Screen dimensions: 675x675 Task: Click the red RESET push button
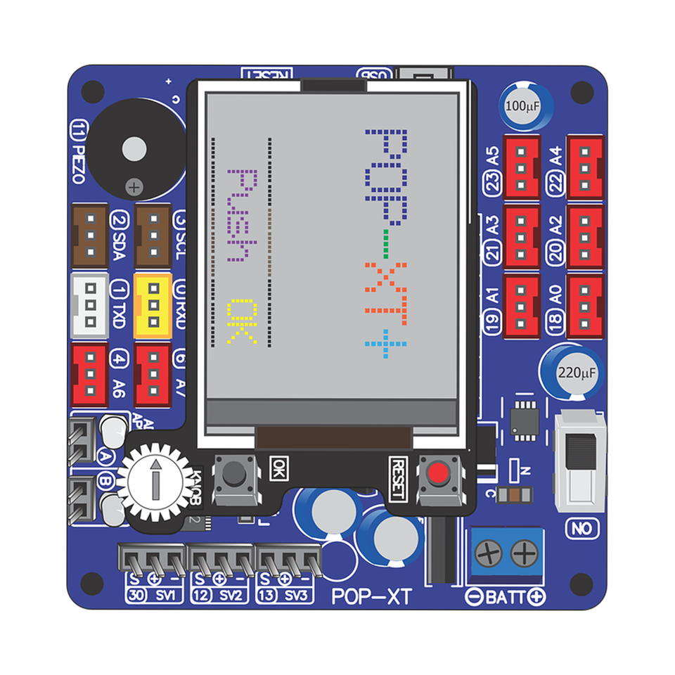click(439, 473)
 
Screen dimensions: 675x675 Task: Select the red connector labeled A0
click(585, 306)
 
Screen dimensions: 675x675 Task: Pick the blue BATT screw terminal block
click(506, 555)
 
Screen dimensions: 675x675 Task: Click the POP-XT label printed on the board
click(371, 597)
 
